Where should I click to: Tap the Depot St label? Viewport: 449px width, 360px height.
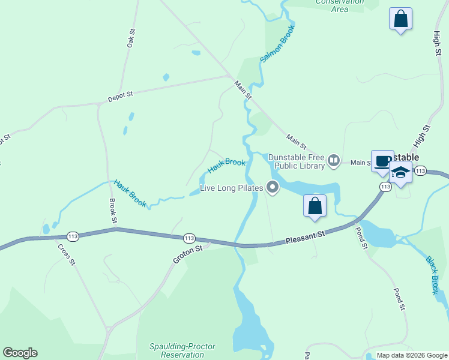click(x=119, y=94)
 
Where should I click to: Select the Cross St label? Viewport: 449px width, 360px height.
click(x=66, y=254)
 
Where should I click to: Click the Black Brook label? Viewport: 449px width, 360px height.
click(x=432, y=275)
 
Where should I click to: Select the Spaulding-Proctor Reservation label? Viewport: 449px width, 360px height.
click(x=182, y=350)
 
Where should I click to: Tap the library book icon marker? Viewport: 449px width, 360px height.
click(x=334, y=161)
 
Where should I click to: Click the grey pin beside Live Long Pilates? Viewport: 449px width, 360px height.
click(x=273, y=188)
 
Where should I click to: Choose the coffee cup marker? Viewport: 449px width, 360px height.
click(x=382, y=161)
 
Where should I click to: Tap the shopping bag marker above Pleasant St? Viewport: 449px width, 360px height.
click(x=315, y=206)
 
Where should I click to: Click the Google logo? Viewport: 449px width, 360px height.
click(x=20, y=353)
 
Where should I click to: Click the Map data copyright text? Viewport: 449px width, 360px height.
click(x=412, y=355)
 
